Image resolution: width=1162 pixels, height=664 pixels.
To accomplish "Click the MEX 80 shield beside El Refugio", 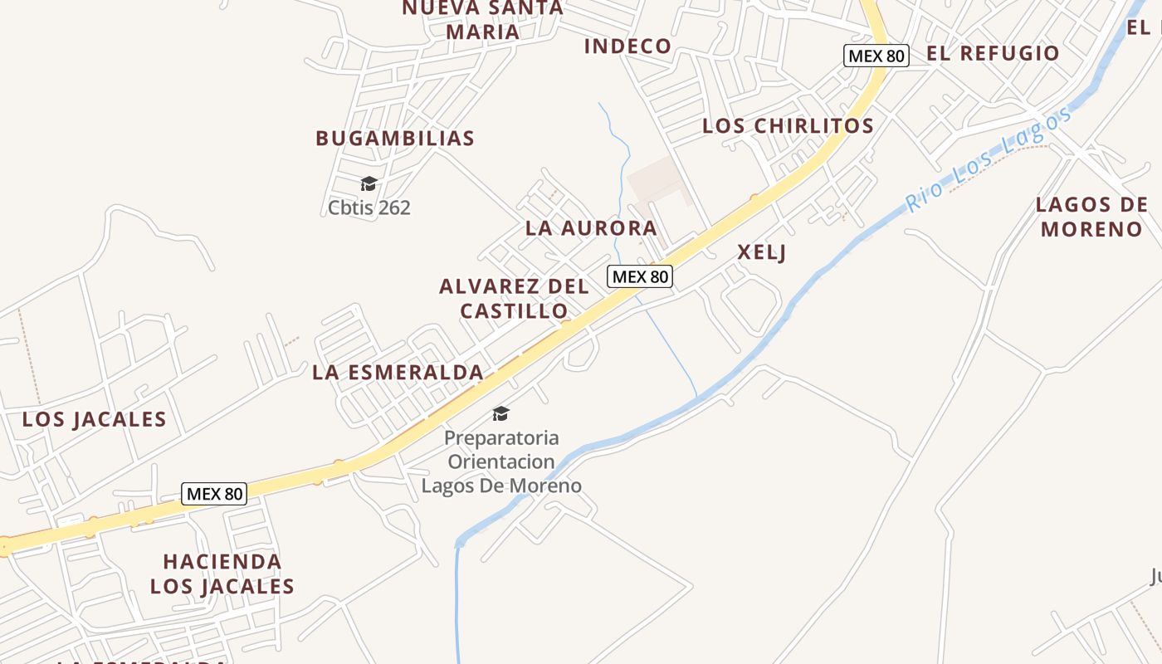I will coord(876,56).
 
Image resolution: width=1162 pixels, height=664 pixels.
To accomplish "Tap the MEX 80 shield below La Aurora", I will coord(639,276).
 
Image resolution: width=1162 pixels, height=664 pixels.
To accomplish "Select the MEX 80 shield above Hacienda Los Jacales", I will coord(214,494).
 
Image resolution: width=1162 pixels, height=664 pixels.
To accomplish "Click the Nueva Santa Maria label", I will coord(482,20).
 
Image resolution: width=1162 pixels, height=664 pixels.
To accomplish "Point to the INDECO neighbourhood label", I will coord(627,46).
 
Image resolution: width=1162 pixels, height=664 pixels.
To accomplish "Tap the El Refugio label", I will coord(993,53).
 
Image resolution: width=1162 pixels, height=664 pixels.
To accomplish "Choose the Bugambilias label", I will coord(394,138).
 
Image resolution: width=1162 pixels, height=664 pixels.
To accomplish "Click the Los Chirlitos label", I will coord(788,126).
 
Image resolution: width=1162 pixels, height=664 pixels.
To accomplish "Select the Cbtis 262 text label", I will coord(369,207).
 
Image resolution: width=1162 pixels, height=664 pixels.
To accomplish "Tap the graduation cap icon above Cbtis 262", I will coord(369,183).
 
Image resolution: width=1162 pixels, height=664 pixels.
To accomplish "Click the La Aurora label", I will coord(591,228).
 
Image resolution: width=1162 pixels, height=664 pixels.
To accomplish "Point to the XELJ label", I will coord(761,253).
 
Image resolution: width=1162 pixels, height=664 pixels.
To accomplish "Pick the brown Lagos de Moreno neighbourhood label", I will coord(1091,217).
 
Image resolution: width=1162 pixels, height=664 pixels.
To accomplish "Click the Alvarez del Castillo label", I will coord(514,299).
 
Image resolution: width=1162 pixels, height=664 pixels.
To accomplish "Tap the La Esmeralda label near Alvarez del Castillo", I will coord(398,373).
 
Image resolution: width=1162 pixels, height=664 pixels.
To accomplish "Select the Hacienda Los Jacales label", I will coord(222,574).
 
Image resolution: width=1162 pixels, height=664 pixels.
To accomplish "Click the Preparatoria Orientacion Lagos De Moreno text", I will coord(501,461).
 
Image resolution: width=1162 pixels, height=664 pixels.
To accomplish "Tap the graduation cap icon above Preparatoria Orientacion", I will coord(500,413).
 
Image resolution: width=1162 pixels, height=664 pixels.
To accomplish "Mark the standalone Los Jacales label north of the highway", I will coord(94,419).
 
